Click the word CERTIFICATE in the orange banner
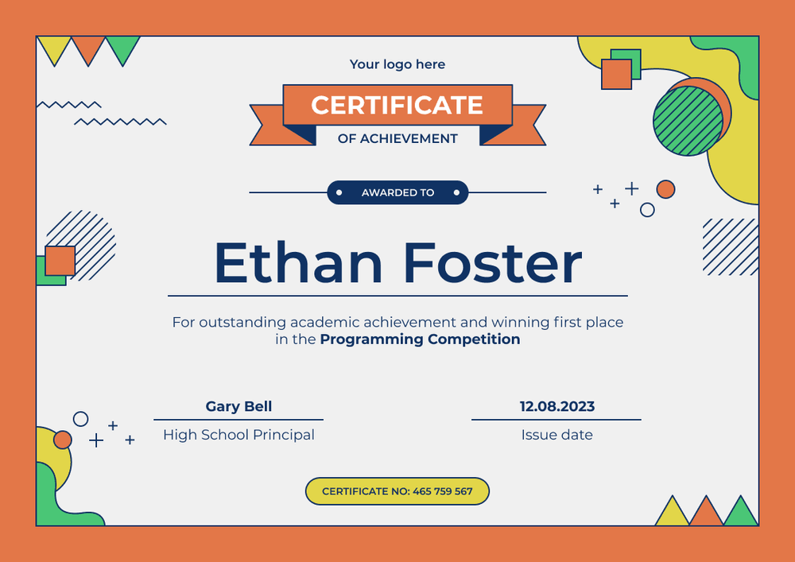coord(397,105)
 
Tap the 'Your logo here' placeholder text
coord(397,64)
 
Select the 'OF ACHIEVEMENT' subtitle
coord(397,138)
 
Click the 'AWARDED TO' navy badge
coord(397,192)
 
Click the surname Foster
coord(492,263)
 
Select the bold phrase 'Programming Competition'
coord(420,339)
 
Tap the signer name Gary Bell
coord(238,406)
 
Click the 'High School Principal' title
coord(238,435)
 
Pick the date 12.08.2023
coord(556,406)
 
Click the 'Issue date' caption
coord(556,435)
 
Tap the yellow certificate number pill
coord(397,491)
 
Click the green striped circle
coord(688,121)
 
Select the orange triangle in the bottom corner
coord(706,513)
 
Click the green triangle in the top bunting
coord(123,48)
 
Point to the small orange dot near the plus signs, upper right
coord(665,189)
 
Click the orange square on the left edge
coord(60,261)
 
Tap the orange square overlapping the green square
coord(615,74)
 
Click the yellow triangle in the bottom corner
coord(672,514)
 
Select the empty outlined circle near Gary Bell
coord(80,419)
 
